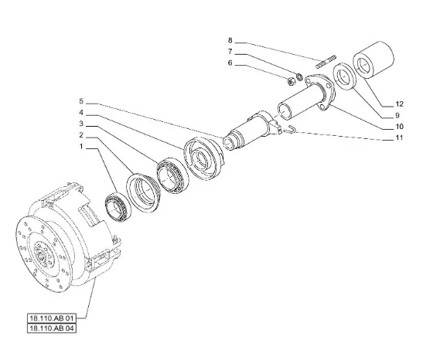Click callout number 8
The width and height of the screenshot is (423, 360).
coord(230,40)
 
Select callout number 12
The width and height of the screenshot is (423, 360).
coord(399,104)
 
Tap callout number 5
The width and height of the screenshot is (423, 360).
coord(81,101)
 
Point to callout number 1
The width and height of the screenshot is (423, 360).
coord(81,146)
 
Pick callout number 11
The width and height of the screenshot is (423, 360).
coord(399,138)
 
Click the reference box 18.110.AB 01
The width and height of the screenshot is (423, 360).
coord(52,318)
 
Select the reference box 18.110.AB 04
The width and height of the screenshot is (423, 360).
coord(52,328)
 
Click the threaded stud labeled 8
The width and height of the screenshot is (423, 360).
coord(326,62)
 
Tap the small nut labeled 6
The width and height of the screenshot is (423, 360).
coord(291,81)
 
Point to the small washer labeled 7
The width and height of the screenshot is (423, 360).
coord(299,76)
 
